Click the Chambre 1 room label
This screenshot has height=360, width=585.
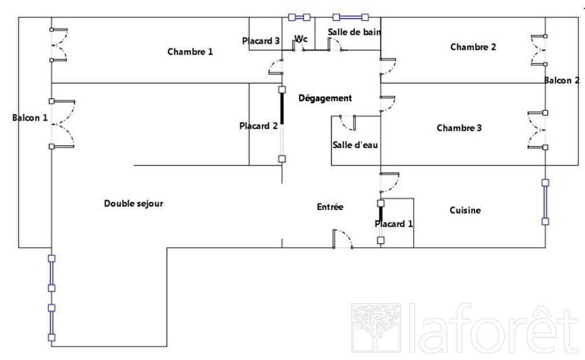tap(190, 52)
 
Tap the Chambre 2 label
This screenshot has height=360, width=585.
tap(473, 47)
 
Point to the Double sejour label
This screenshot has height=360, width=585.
tap(133, 203)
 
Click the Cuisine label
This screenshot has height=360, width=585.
tap(465, 210)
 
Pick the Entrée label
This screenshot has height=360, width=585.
tap(330, 207)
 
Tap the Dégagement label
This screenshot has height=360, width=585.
tap(325, 98)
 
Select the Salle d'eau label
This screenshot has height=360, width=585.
tap(355, 145)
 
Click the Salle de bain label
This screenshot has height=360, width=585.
tap(354, 32)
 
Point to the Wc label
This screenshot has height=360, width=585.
tap(301, 39)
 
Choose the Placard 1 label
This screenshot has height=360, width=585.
tap(394, 224)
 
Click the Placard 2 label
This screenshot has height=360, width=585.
tap(259, 126)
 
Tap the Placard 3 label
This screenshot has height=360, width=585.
tap(261, 41)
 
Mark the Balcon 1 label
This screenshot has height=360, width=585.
tap(30, 118)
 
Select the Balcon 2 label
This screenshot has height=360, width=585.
tap(562, 80)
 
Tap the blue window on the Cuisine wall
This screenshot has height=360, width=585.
tap(546, 202)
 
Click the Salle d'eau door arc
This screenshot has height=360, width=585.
tap(347, 122)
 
